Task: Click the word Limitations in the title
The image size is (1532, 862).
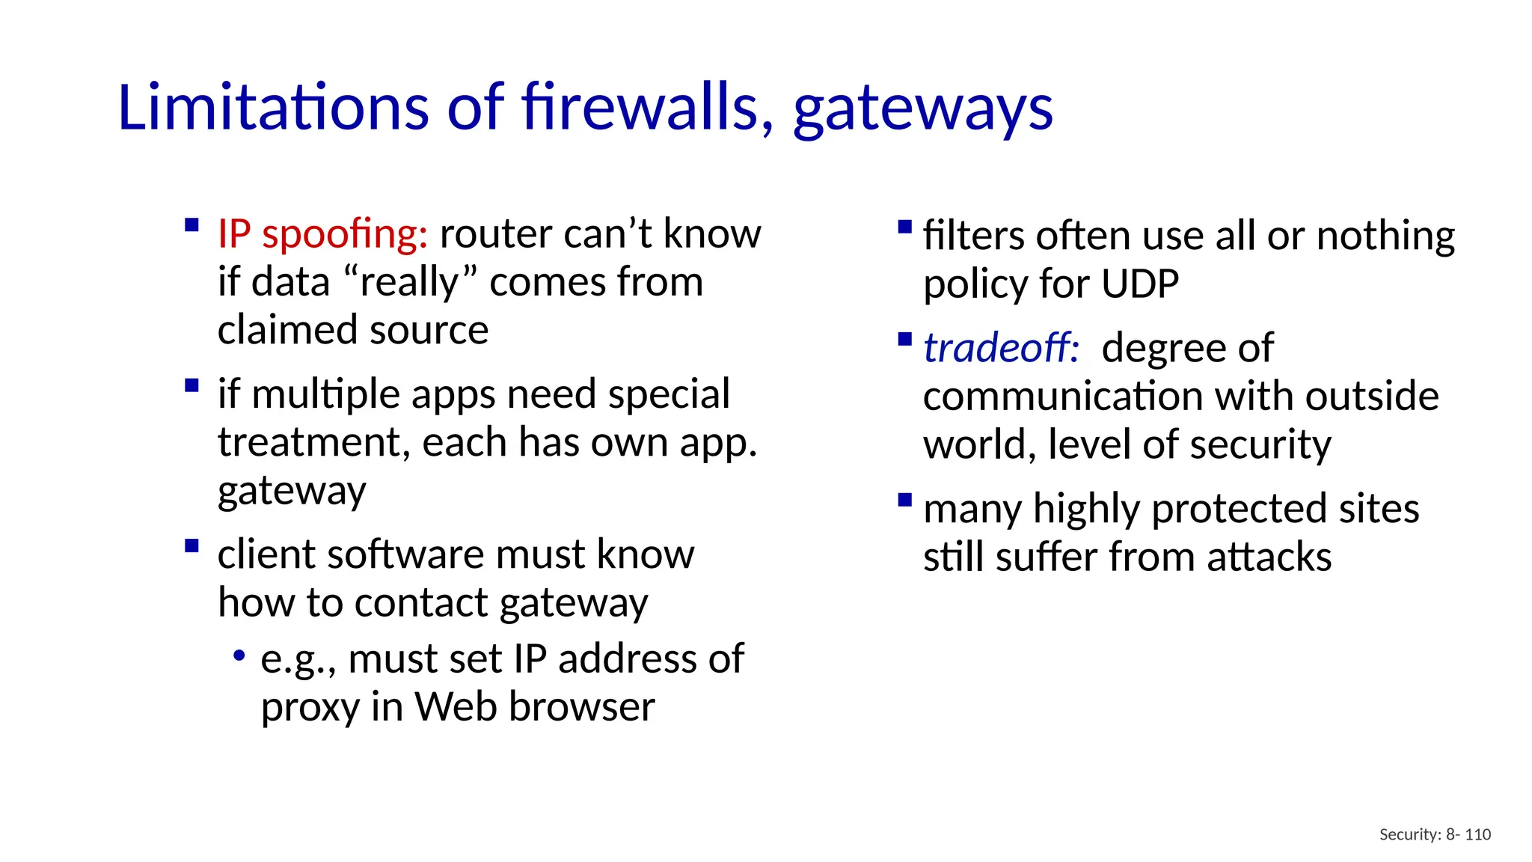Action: click(x=273, y=108)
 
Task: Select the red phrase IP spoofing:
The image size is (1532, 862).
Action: click(x=322, y=234)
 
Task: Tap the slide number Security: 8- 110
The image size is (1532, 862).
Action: click(x=1435, y=834)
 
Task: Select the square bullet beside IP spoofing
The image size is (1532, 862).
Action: click(x=191, y=224)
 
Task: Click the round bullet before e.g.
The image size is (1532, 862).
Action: click(x=239, y=656)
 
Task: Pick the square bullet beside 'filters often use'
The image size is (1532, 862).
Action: click(x=904, y=226)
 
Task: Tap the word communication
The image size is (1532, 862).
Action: click(x=1069, y=396)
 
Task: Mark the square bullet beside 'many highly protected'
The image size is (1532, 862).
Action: click(x=904, y=499)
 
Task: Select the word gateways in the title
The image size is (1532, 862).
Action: click(x=923, y=109)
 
